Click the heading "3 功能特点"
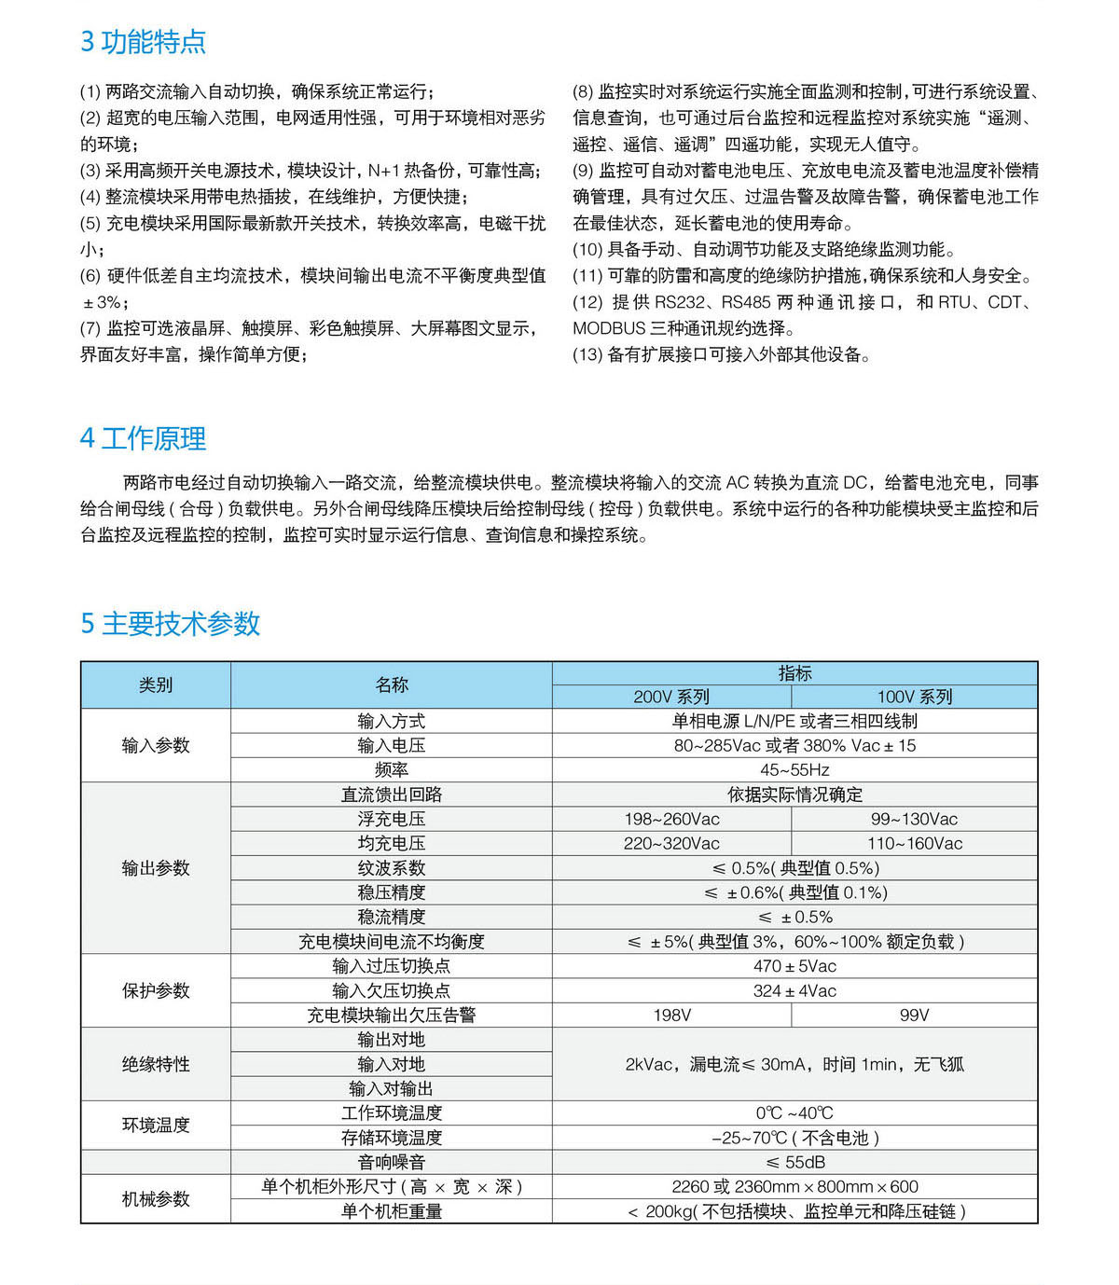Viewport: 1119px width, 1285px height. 143,42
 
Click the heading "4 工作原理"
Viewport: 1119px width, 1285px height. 143,438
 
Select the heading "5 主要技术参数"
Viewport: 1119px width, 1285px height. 170,623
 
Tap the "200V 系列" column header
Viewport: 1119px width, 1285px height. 671,697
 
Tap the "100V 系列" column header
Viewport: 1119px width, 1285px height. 914,697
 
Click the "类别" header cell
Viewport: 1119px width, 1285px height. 156,684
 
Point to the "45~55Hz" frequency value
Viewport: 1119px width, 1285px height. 794,769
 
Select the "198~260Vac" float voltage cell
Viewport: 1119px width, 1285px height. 671,819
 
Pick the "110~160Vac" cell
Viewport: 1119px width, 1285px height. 914,843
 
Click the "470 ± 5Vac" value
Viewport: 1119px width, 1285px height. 794,966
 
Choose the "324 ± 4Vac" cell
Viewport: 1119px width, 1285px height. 794,990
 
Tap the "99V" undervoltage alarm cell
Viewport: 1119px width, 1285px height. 914,1015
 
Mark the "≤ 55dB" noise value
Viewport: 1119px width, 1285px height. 794,1162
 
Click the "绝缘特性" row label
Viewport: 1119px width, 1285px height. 156,1064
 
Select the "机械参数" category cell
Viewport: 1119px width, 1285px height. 156,1198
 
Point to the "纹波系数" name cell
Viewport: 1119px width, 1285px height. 391,867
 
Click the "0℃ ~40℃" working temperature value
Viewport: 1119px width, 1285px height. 794,1112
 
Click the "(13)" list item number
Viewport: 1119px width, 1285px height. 587,354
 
